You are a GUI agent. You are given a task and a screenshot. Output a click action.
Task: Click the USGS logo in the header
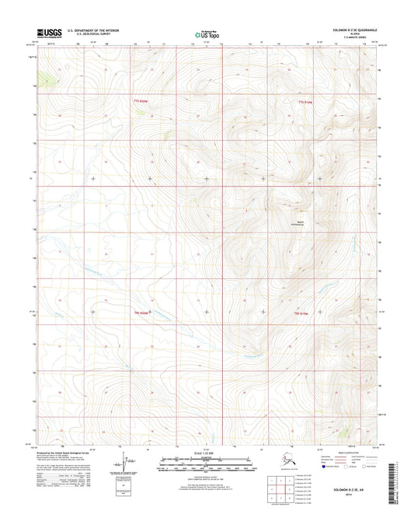50,33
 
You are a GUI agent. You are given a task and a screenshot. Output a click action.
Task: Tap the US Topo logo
207,34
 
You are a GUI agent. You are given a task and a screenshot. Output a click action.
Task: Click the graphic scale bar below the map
207,466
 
